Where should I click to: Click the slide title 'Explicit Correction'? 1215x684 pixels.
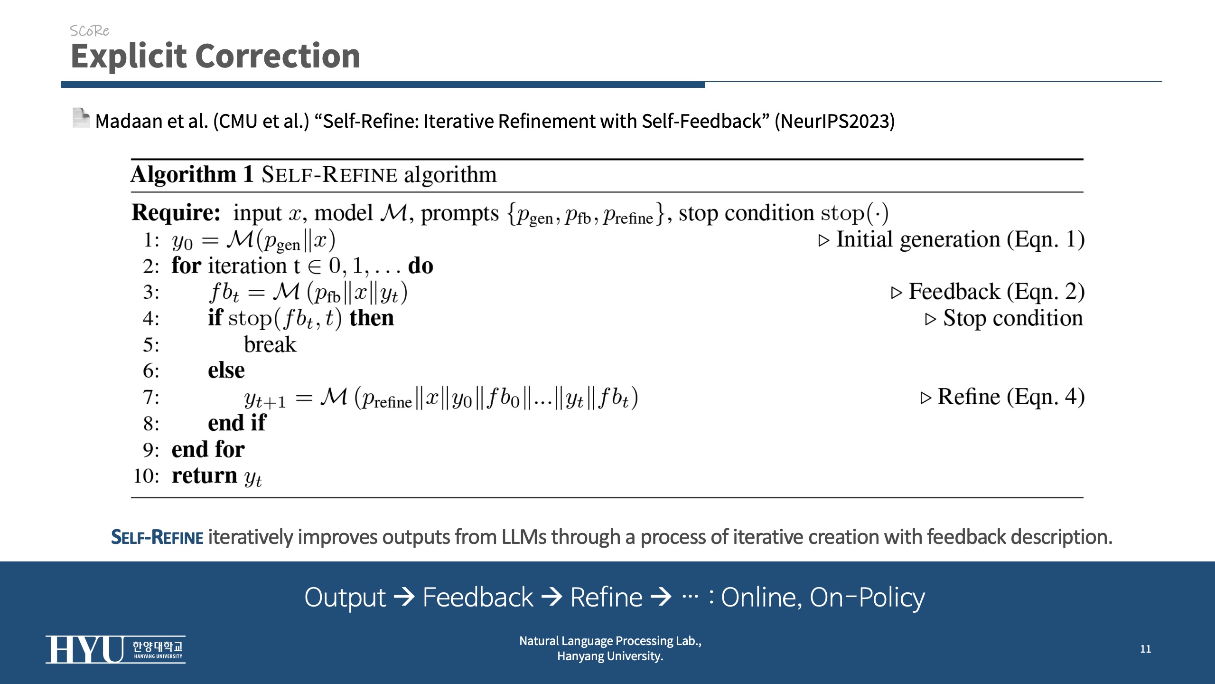(215, 56)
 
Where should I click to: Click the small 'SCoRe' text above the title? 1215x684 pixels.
(89, 31)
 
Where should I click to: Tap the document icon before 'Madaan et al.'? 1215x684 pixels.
(81, 118)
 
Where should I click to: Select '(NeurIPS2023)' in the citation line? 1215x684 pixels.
(835, 121)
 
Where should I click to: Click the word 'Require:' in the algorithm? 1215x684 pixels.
(176, 212)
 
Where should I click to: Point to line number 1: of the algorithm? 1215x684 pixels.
(151, 240)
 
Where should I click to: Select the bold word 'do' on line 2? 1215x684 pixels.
(421, 266)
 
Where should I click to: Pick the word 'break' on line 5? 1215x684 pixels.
(270, 344)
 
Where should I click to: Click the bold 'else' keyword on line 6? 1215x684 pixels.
(226, 370)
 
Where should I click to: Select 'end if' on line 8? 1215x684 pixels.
(237, 423)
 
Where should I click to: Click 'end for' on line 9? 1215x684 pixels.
(208, 449)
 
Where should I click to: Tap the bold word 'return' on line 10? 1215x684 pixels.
(205, 475)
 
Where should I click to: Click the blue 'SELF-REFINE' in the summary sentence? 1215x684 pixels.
(157, 537)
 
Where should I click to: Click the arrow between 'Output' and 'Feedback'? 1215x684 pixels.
(404, 597)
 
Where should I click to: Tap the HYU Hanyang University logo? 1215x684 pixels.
(115, 649)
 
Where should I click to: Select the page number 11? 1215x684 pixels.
(1145, 649)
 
